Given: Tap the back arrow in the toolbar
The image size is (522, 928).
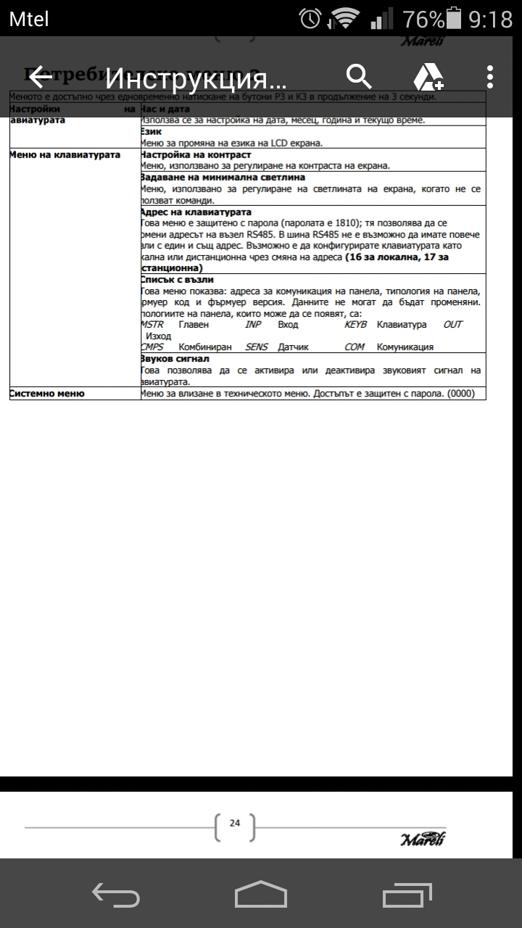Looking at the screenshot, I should [x=41, y=76].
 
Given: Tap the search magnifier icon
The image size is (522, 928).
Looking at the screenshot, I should [x=359, y=76].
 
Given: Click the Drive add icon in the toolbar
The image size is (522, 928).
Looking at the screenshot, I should [x=428, y=76].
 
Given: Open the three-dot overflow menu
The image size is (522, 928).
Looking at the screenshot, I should [x=490, y=76].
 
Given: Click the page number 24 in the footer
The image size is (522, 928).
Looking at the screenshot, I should [x=235, y=823].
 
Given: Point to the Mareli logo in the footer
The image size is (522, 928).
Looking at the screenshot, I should [x=423, y=840].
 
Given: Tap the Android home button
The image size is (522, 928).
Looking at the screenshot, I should [x=260, y=894].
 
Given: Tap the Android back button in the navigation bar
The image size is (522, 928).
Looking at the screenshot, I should [x=116, y=894].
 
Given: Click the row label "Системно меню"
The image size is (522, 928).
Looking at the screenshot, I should [x=47, y=393].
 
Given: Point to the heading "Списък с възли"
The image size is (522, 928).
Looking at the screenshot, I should [x=177, y=279].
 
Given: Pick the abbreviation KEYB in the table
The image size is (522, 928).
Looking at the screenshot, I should [x=356, y=324].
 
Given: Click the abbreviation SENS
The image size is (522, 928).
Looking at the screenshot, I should [x=257, y=347].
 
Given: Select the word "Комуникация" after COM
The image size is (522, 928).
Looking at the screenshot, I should [x=405, y=347].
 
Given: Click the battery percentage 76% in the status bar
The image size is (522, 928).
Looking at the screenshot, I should [x=423, y=18].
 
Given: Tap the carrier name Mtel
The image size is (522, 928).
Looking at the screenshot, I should [x=29, y=18].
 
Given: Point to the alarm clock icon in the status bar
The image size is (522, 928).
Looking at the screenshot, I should [x=311, y=18].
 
